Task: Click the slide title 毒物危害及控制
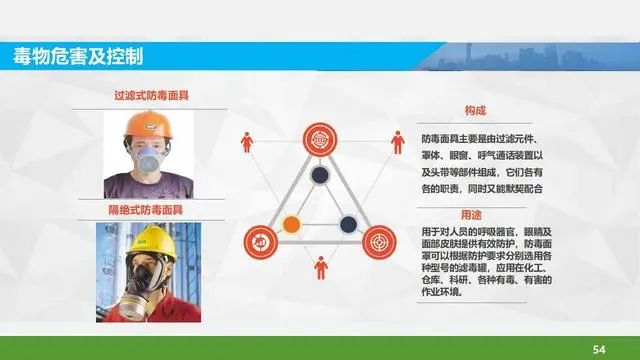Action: point(78,56)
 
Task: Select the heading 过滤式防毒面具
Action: point(151,96)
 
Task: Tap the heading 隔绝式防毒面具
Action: point(146,210)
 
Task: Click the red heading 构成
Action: point(475,110)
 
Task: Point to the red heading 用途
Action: point(471,215)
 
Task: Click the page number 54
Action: point(599,349)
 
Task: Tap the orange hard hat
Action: point(149,125)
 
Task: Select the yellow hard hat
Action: point(152,242)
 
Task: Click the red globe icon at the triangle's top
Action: point(320,140)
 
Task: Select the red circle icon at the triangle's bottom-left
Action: point(261,242)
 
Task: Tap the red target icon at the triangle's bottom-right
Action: point(379,242)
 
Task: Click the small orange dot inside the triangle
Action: point(291,224)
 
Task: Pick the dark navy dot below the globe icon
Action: point(320,175)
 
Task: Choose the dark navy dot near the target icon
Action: point(348,224)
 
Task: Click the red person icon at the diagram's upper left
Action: point(247,142)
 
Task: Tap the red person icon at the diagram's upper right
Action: point(398,142)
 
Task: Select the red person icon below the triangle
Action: point(321,268)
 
